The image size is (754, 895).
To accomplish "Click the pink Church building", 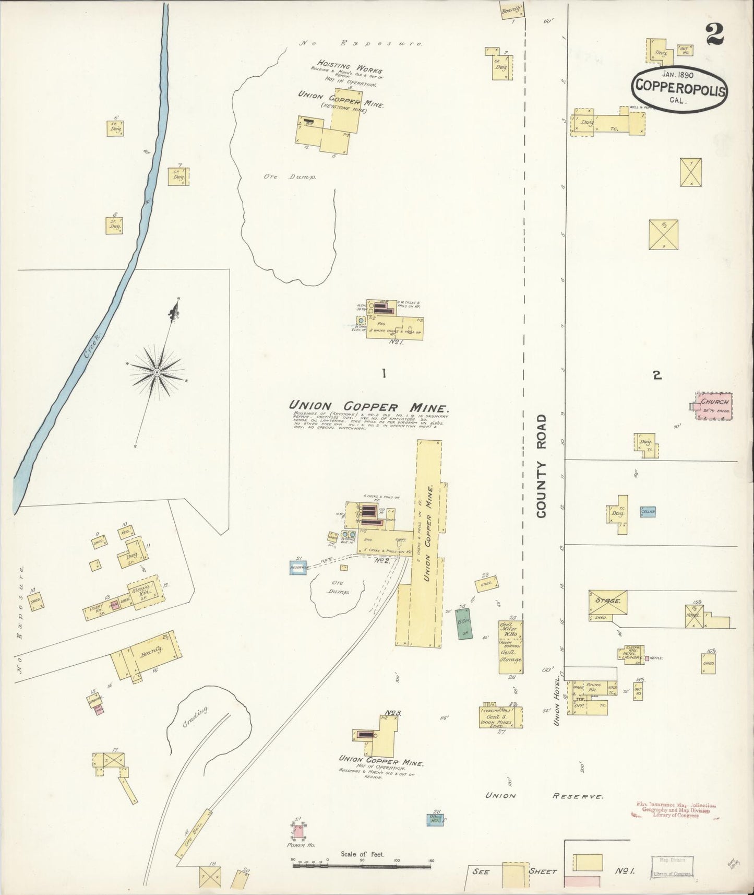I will pyautogui.click(x=714, y=405).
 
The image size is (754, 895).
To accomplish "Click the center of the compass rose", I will pyautogui.click(x=157, y=372).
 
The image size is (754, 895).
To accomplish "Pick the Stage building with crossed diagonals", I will pyautogui.click(x=608, y=602).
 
